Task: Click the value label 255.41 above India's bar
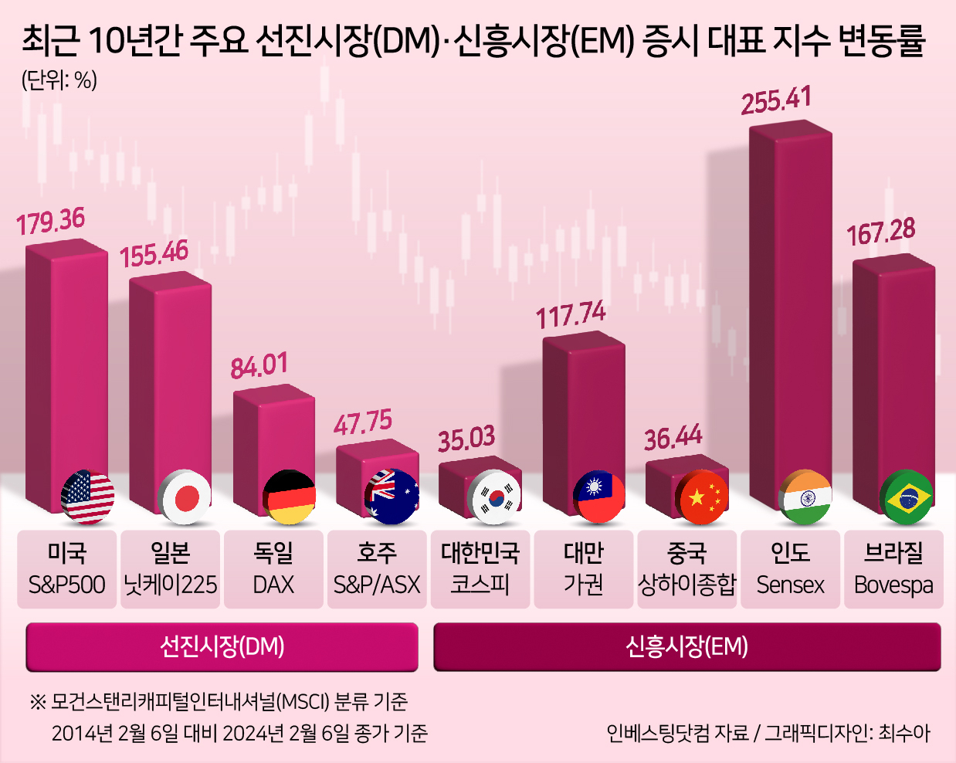(x=776, y=100)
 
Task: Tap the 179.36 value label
(x=51, y=222)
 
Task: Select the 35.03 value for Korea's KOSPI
(x=466, y=439)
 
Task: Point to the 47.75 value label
(x=363, y=422)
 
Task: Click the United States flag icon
(x=87, y=495)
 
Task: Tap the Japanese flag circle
(x=185, y=495)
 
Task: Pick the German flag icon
(x=289, y=496)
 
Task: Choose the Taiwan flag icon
(x=598, y=496)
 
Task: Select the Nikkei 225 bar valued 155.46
(x=169, y=371)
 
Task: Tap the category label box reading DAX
(x=273, y=569)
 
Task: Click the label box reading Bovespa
(x=893, y=569)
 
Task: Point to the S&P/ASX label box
(x=377, y=569)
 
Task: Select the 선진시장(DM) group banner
(x=222, y=646)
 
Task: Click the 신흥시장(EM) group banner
(x=686, y=646)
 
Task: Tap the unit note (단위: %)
(x=59, y=80)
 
